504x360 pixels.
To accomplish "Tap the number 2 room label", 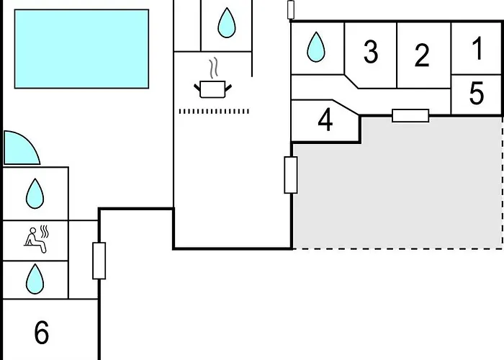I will coord(423,55).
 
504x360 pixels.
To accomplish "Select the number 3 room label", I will coord(370,52).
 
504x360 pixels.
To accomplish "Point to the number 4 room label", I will coord(325,120).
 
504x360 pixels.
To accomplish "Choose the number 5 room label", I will coord(477,94).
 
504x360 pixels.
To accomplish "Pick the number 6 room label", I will coord(42,333).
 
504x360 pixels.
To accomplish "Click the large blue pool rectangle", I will coord(81,48).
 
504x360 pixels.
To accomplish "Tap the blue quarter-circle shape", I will coord(19,148).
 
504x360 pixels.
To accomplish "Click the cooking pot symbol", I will coord(213,89).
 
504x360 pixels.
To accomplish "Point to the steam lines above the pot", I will coord(214,68).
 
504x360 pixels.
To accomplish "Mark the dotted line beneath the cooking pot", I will coord(213,111).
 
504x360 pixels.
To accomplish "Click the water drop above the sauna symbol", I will coord(35,193).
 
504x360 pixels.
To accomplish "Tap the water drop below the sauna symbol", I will coord(35,279).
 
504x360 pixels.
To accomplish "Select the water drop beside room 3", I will coord(316,48).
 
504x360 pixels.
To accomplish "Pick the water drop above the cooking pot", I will coord(227,23).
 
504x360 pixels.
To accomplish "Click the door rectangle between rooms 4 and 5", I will coord(410,115).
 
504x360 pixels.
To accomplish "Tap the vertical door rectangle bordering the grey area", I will coord(291,175).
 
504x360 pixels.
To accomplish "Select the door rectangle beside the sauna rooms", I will coord(99,261).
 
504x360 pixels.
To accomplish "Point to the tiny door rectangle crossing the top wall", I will coord(291,9).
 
